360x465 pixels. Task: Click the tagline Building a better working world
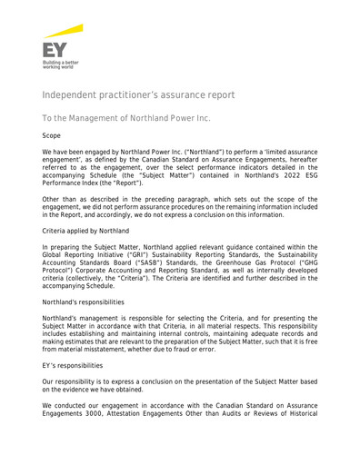[x=60, y=65]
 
